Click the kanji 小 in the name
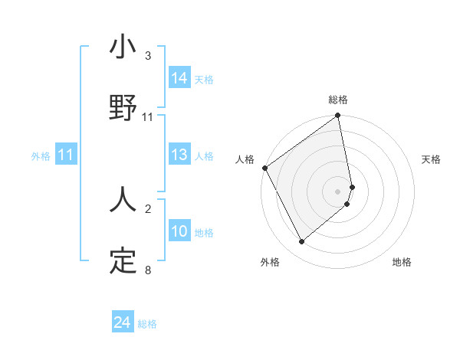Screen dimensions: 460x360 (123, 47)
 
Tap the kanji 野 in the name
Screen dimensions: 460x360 (123, 107)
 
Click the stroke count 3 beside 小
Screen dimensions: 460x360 (147, 56)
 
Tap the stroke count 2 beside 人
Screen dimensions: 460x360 (147, 208)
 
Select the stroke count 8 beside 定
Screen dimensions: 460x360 (147, 270)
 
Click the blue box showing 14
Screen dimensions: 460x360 (179, 78)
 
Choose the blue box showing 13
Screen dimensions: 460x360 (179, 155)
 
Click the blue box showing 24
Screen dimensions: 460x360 (123, 323)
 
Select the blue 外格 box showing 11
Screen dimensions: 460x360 (66, 155)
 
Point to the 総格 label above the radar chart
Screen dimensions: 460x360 (338, 100)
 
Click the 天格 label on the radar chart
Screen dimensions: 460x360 (432, 159)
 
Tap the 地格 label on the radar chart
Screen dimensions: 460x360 (402, 262)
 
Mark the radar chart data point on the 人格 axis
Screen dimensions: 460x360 (264, 168)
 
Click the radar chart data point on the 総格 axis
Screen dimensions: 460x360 (338, 116)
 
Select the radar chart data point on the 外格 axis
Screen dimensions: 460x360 (301, 241)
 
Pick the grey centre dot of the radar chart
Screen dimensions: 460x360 (338, 191)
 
